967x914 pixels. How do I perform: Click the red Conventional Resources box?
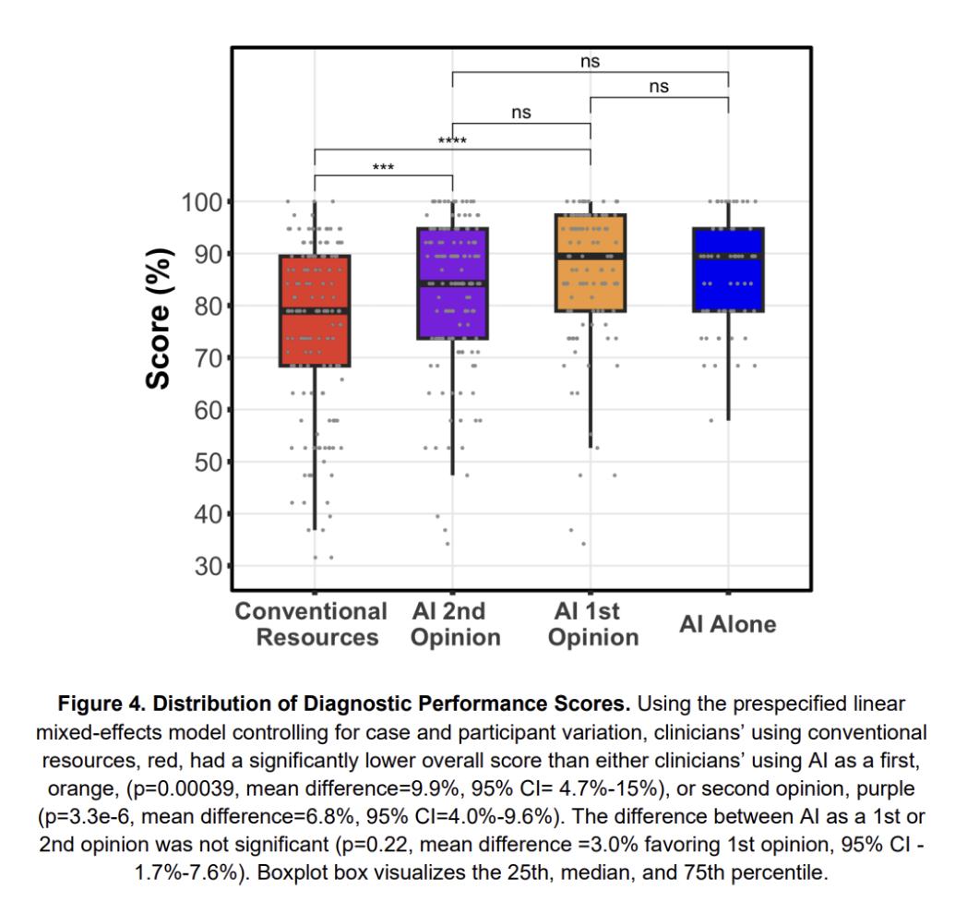(315, 310)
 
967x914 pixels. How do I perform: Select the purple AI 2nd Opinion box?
(452, 283)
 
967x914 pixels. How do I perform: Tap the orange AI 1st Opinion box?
(590, 263)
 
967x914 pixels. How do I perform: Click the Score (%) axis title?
(161, 319)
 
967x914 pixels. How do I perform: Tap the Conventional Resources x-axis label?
(311, 624)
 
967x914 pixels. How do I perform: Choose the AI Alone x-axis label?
(728, 624)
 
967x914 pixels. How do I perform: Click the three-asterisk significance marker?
(383, 168)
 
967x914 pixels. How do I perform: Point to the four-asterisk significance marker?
(452, 141)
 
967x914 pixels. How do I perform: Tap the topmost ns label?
(591, 62)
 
